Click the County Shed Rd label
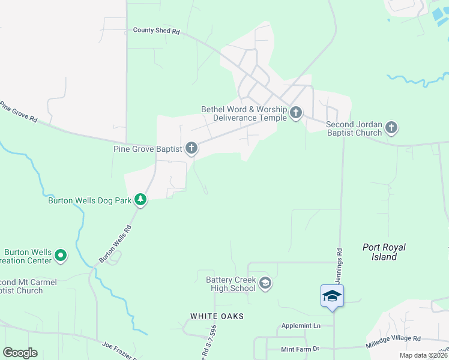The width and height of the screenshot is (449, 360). (x=157, y=30)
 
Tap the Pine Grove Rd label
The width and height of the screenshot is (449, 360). (x=18, y=112)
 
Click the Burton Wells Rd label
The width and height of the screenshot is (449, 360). (x=115, y=244)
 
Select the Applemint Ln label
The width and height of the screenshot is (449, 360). (x=302, y=326)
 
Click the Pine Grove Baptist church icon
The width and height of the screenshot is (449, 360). (x=191, y=148)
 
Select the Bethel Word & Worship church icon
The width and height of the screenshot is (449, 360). (x=295, y=112)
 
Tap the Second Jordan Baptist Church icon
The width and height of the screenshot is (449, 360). (x=391, y=127)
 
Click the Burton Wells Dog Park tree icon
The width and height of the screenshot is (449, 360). (x=140, y=199)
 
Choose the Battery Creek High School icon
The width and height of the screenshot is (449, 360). (x=265, y=282)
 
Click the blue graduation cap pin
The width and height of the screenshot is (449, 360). (x=332, y=296)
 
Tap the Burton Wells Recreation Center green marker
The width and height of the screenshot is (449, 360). (x=61, y=256)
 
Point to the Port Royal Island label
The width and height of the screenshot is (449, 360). (x=384, y=252)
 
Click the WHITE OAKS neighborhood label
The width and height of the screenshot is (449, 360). (x=217, y=316)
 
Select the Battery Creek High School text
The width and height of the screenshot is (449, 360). (x=231, y=284)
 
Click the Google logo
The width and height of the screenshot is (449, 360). (x=20, y=353)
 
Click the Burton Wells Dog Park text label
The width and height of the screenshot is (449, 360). (x=89, y=200)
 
